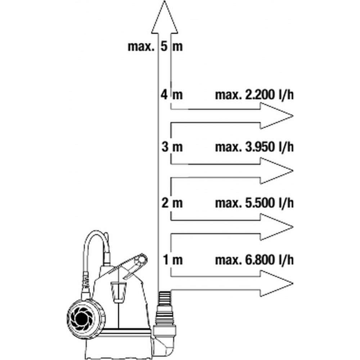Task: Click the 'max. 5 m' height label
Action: pyautogui.click(x=155, y=46)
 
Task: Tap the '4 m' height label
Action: pyautogui.click(x=172, y=95)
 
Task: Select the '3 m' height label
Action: pyautogui.click(x=172, y=147)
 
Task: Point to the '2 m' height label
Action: pyautogui.click(x=172, y=203)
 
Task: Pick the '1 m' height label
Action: pyautogui.click(x=173, y=260)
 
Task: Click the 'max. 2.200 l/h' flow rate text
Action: pyautogui.click(x=254, y=95)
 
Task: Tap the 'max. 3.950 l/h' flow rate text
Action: pyautogui.click(x=254, y=147)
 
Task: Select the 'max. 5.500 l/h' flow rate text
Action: pyautogui.click(x=254, y=203)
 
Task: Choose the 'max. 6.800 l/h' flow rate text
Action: pyautogui.click(x=254, y=260)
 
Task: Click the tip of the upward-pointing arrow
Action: pyautogui.click(x=165, y=1)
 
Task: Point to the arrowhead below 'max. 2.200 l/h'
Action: pyautogui.click(x=276, y=116)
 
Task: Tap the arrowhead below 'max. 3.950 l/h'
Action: pyautogui.click(x=276, y=171)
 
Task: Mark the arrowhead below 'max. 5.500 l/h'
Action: pyautogui.click(x=276, y=227)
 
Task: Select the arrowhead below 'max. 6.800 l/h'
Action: pyautogui.click(x=276, y=283)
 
